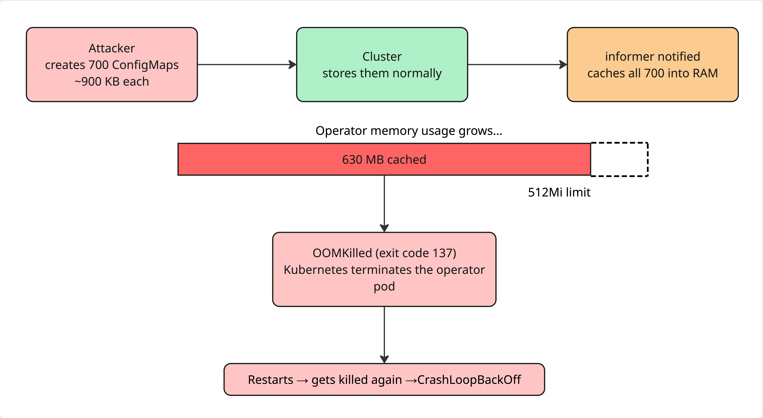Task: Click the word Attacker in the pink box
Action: [x=112, y=48]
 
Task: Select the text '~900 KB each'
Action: [x=112, y=82]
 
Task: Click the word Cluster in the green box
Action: [x=382, y=57]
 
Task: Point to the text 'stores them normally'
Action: [x=382, y=73]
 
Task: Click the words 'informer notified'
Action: [x=652, y=57]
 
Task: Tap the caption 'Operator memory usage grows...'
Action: [x=409, y=131]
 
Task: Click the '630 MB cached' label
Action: [x=384, y=160]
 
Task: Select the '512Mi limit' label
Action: [x=559, y=192]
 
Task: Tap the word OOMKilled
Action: [x=342, y=253]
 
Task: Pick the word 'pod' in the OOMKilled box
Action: [x=384, y=286]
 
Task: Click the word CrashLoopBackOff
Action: [x=469, y=380]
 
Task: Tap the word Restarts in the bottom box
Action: [x=270, y=380]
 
